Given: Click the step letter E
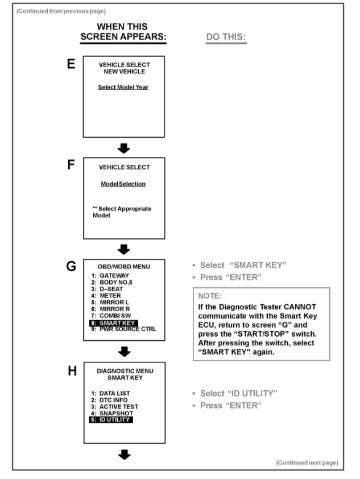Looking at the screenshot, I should [72, 64].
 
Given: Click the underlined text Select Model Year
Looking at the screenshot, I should [124, 87].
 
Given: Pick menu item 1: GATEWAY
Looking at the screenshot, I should [110, 275].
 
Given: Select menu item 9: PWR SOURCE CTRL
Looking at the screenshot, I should [124, 329].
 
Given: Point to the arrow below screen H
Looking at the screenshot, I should [124, 454].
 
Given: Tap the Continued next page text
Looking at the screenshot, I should [306, 463].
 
